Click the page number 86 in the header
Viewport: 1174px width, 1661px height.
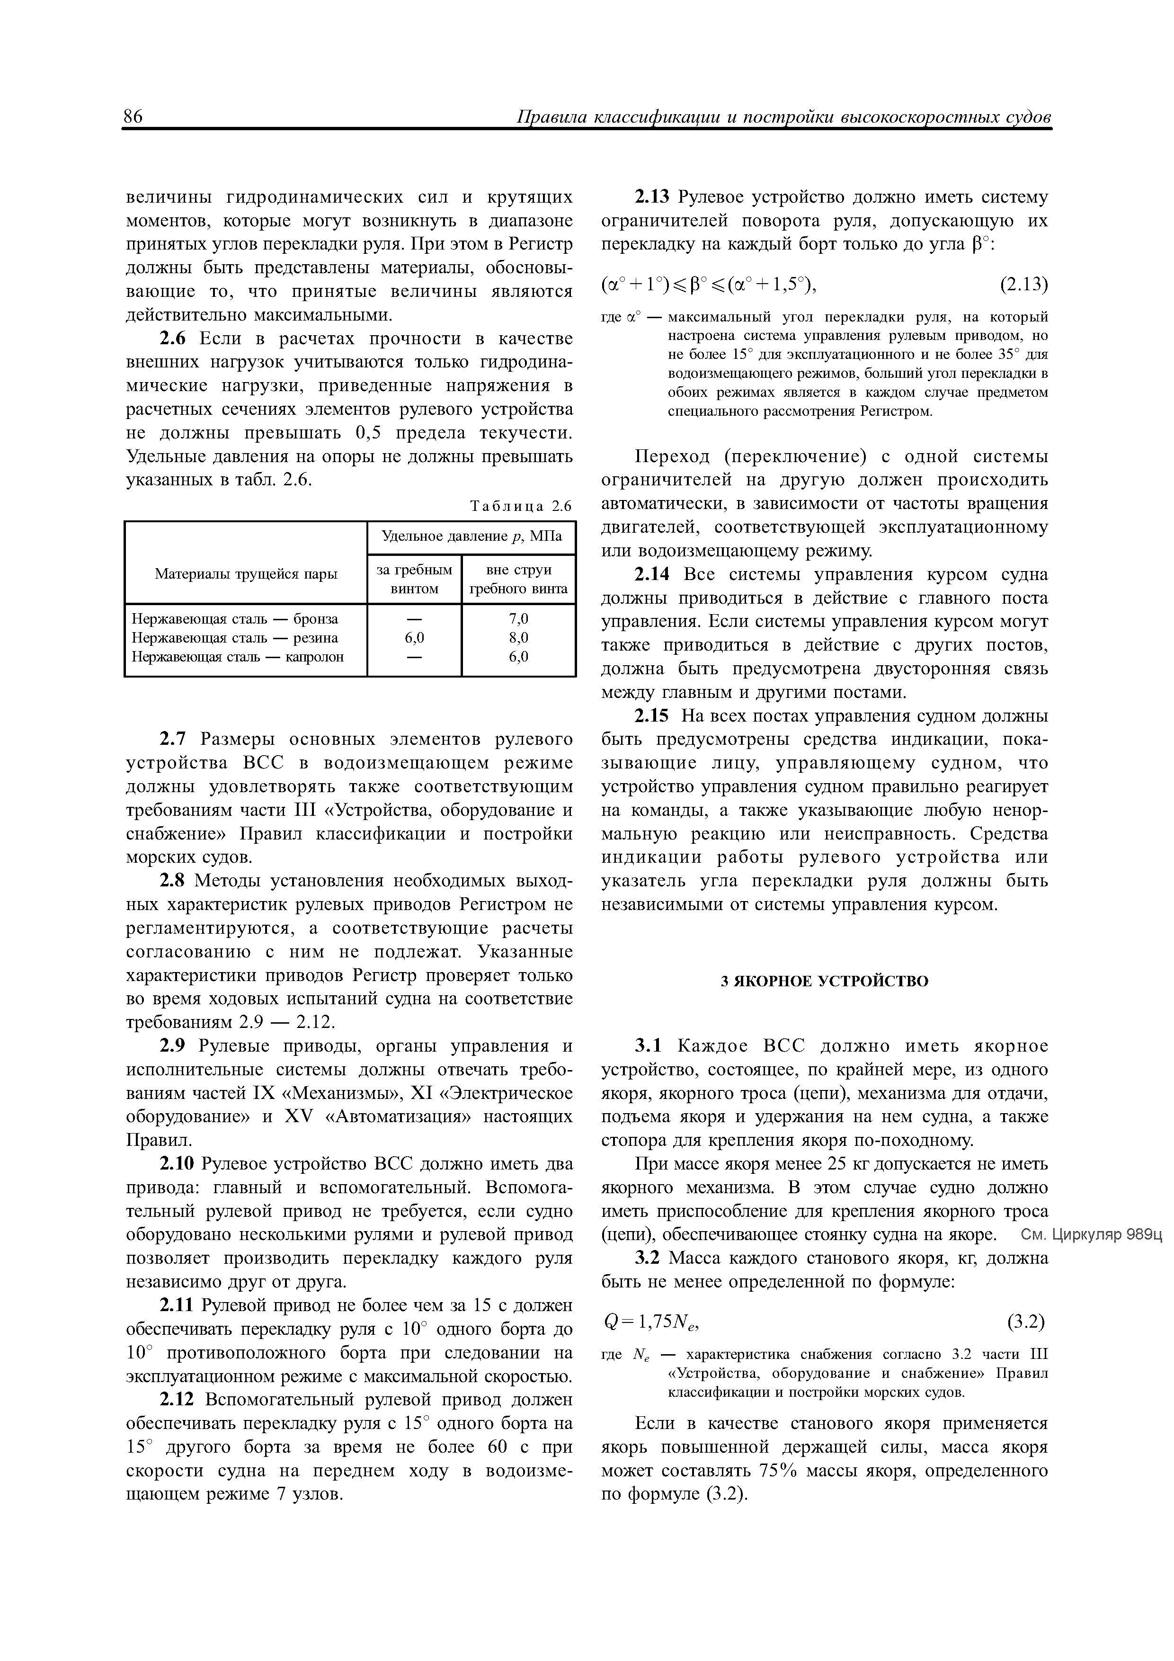click(134, 116)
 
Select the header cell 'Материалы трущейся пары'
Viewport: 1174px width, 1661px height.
click(246, 574)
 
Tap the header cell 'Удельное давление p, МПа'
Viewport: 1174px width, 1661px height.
click(471, 537)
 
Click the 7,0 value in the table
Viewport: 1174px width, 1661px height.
click(519, 619)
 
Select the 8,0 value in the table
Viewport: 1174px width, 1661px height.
click(519, 638)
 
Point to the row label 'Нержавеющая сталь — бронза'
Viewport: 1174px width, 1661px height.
click(235, 619)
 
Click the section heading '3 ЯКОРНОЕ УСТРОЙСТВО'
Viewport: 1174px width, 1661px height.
click(825, 982)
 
